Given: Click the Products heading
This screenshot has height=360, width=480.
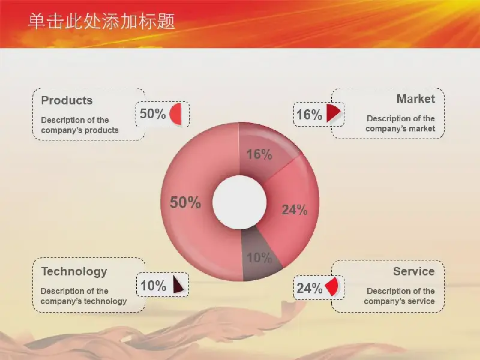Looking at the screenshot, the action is tap(67, 100).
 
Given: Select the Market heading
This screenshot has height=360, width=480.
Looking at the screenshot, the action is tap(415, 99).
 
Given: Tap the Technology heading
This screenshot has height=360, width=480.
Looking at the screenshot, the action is tap(74, 272).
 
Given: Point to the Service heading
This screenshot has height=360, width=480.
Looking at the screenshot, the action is tap(414, 271).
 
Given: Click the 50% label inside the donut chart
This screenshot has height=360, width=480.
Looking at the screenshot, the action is tap(185, 203).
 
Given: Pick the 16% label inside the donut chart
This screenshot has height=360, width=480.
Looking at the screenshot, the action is tap(259, 154).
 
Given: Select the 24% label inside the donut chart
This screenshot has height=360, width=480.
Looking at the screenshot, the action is tap(295, 209).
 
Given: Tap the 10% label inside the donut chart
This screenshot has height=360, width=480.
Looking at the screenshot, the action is tap(259, 258).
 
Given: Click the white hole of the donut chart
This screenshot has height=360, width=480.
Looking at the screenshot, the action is tap(239, 202).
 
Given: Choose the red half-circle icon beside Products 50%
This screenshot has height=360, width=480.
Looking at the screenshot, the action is tap(175, 114).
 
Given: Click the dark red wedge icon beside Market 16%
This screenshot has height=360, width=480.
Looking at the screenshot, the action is tap(333, 113).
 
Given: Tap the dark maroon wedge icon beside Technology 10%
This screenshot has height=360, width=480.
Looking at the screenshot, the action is tap(178, 284).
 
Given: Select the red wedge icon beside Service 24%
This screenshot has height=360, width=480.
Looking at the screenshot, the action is tap(332, 287).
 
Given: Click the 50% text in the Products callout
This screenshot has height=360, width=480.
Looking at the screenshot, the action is tap(152, 114).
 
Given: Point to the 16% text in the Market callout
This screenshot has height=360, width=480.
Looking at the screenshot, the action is tap(309, 115).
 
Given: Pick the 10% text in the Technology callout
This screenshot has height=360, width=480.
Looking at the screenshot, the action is tap(153, 286).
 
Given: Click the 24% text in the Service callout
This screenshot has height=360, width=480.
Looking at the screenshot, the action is tap(309, 288).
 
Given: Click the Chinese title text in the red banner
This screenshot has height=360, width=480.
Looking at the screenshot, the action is tap(101, 22).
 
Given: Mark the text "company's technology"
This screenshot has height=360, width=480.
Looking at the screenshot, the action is tap(83, 302).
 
